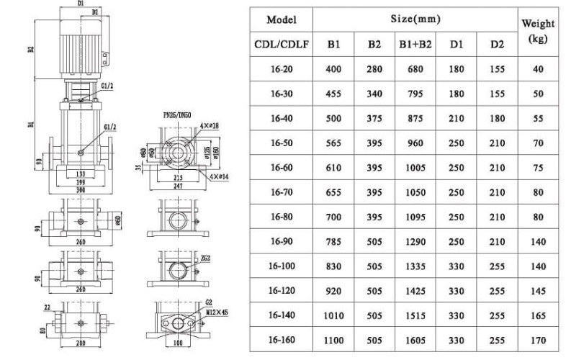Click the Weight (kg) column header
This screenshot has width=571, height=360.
tap(538, 31)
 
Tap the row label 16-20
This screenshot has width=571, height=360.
tap(282, 70)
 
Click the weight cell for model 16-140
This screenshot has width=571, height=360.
tap(538, 315)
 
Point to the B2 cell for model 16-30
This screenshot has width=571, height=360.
tap(374, 94)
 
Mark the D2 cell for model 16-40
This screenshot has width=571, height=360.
tap(497, 119)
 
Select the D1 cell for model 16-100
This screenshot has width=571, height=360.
tap(457, 266)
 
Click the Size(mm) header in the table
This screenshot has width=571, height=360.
tap(415, 19)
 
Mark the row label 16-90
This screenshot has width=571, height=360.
tap(282, 242)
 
